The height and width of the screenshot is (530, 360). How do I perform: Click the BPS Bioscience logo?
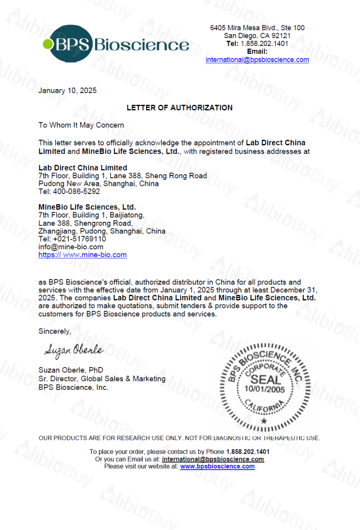[x=116, y=44]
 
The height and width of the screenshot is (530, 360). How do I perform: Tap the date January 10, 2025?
[x=68, y=91]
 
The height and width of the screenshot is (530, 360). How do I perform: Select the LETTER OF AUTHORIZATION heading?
[x=179, y=107]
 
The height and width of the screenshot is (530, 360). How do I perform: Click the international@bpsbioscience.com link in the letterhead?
[x=257, y=60]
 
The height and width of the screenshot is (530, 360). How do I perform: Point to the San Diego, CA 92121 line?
[x=257, y=36]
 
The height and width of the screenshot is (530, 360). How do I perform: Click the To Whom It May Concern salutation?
[x=81, y=125]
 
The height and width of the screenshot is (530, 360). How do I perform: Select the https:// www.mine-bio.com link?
[x=82, y=255]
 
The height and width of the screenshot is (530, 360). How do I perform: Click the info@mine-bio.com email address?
[x=71, y=247]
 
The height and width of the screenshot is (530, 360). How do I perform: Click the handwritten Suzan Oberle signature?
[x=73, y=350]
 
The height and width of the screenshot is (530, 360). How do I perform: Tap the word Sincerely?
[x=54, y=331]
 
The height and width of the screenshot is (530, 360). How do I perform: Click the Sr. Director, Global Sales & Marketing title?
[x=102, y=379]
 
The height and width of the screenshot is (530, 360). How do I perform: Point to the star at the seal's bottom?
[x=264, y=421]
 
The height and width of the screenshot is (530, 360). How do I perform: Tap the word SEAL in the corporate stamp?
[x=264, y=378]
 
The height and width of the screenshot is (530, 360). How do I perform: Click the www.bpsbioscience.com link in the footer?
[x=217, y=466]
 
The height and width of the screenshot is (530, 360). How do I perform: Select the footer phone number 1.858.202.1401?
[x=247, y=451]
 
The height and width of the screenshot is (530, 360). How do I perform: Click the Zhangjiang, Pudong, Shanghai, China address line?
[x=102, y=231]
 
